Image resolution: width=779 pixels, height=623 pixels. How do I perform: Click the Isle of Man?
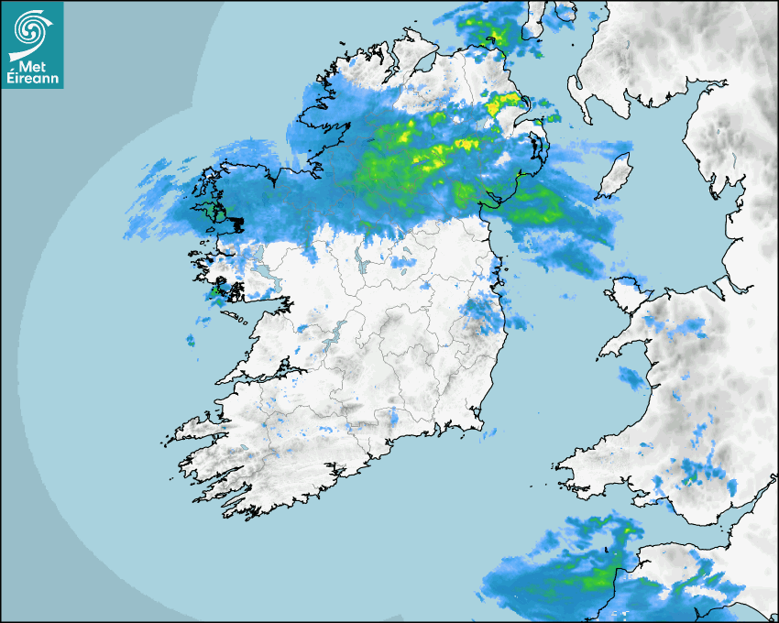615,175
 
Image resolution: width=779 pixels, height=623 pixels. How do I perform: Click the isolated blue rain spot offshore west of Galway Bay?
191,341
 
